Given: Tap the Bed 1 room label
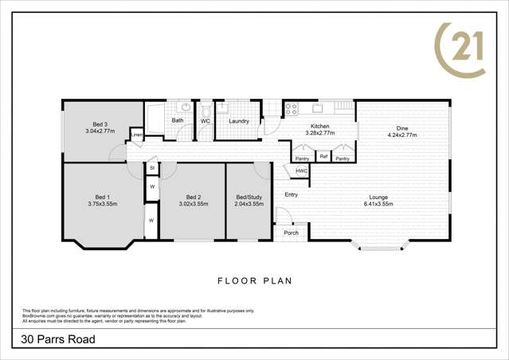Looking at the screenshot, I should [102, 197].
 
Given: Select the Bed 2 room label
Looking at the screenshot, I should [192, 197].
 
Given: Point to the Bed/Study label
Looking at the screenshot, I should [249, 197].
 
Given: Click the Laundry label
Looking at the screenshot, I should [239, 121].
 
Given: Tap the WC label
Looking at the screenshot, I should [205, 121].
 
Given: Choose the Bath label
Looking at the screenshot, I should [177, 121].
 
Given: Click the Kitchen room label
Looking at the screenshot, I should [319, 127].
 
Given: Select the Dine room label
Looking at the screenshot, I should [402, 131].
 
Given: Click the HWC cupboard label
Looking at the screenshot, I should [301, 171].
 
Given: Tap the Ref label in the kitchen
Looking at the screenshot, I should [323, 157].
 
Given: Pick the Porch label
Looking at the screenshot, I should [292, 233].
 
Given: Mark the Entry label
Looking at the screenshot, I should [291, 194].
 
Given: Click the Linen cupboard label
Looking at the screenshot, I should [137, 136].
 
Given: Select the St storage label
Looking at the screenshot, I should [151, 169].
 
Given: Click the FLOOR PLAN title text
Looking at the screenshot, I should [255, 280].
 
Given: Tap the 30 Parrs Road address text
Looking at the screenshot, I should [59, 340].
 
